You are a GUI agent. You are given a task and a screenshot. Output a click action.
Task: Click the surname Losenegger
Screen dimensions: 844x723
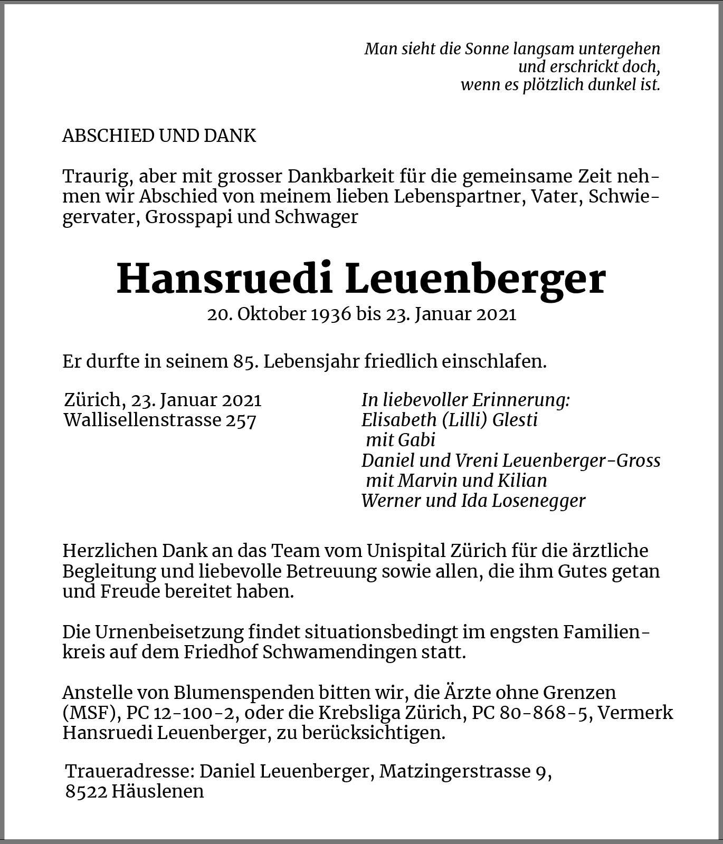[x=538, y=501]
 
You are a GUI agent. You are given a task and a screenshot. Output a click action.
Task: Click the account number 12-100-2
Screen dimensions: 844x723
[x=195, y=713]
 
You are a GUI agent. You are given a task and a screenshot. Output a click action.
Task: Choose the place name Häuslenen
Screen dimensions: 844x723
[x=158, y=791]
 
